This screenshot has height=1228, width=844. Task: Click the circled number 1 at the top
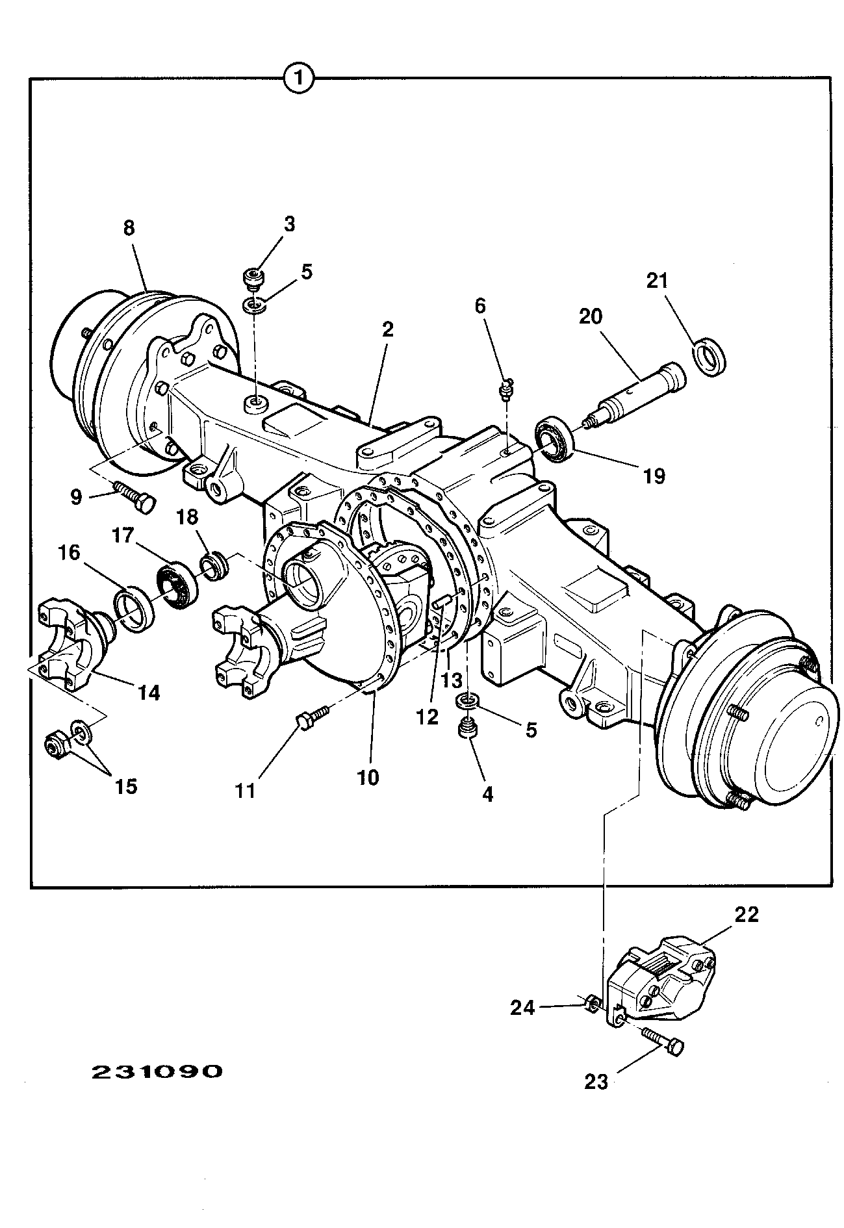(x=299, y=79)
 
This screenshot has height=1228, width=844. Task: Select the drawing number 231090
(x=157, y=1071)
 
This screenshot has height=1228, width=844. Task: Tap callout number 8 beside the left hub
(x=129, y=229)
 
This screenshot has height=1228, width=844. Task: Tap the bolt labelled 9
(x=135, y=497)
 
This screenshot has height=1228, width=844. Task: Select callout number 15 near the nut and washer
(x=127, y=786)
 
